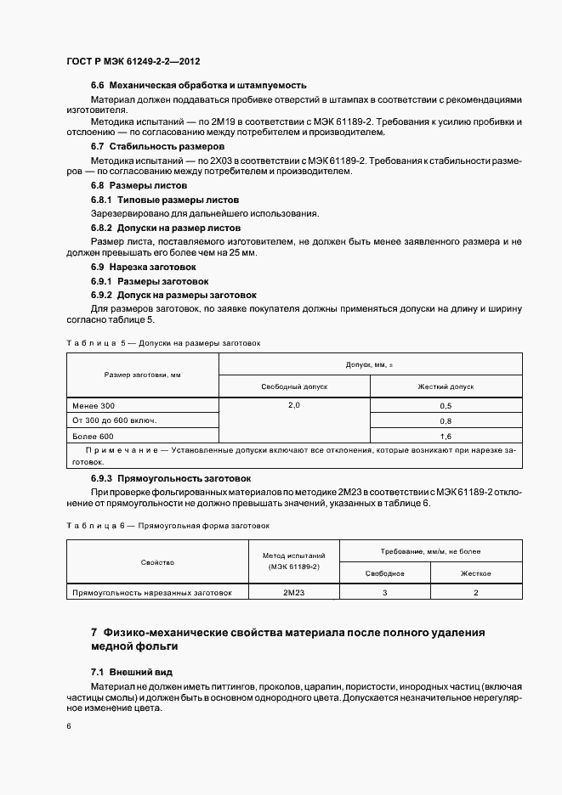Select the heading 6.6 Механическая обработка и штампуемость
coord(198,86)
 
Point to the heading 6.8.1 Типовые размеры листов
coord(159,199)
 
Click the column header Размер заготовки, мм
coord(142,375)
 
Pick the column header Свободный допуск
coord(293,386)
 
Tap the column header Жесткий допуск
coord(446,386)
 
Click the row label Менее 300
coord(92,406)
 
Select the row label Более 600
coord(92,436)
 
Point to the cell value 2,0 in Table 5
coord(293,406)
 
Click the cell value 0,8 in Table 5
coord(446,421)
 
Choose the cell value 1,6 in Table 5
coord(446,436)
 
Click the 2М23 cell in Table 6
coord(294,592)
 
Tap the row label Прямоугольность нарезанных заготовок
coord(156,592)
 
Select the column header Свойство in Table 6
coord(157,562)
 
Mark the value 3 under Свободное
coord(384,592)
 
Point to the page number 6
coord(68,726)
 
